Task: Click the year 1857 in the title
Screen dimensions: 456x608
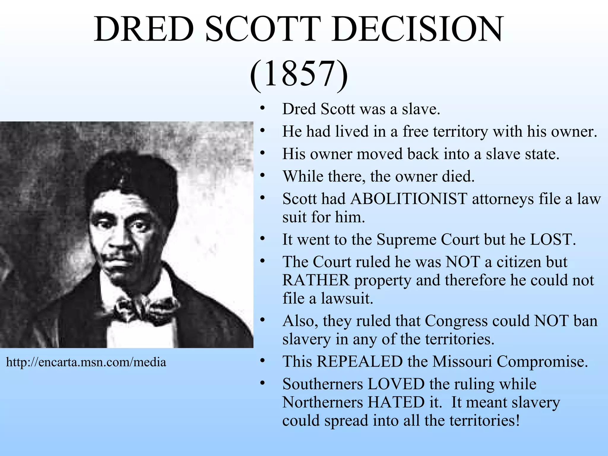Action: click(299, 74)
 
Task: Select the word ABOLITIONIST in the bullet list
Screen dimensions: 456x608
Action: click(409, 199)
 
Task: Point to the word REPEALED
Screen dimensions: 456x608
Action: click(359, 362)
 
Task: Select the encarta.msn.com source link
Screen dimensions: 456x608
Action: click(86, 362)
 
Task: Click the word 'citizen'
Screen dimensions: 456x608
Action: click(521, 262)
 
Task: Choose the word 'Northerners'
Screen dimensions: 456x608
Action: click(322, 403)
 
